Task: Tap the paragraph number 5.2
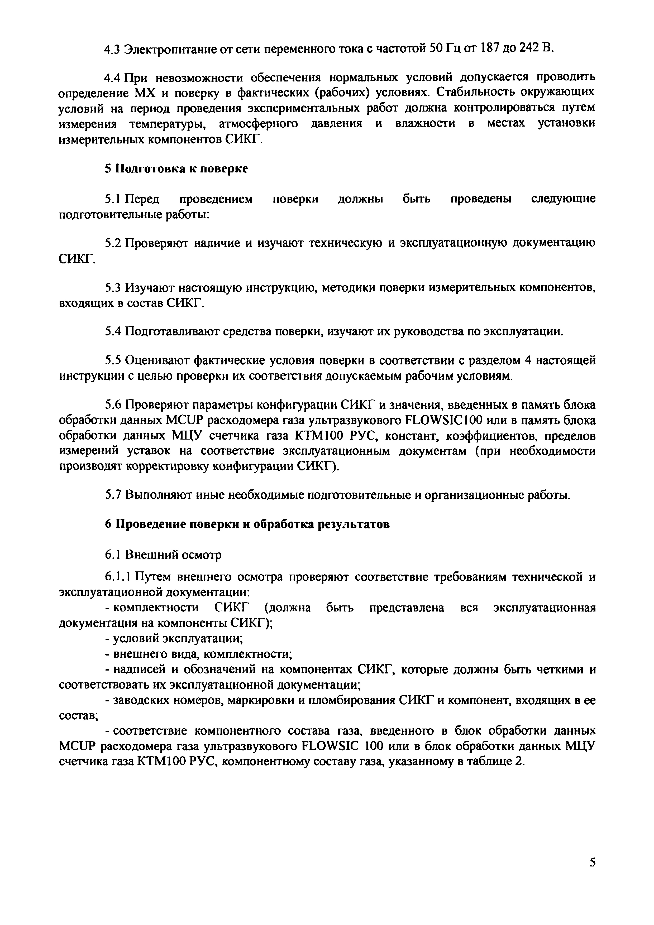pos(113,243)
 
